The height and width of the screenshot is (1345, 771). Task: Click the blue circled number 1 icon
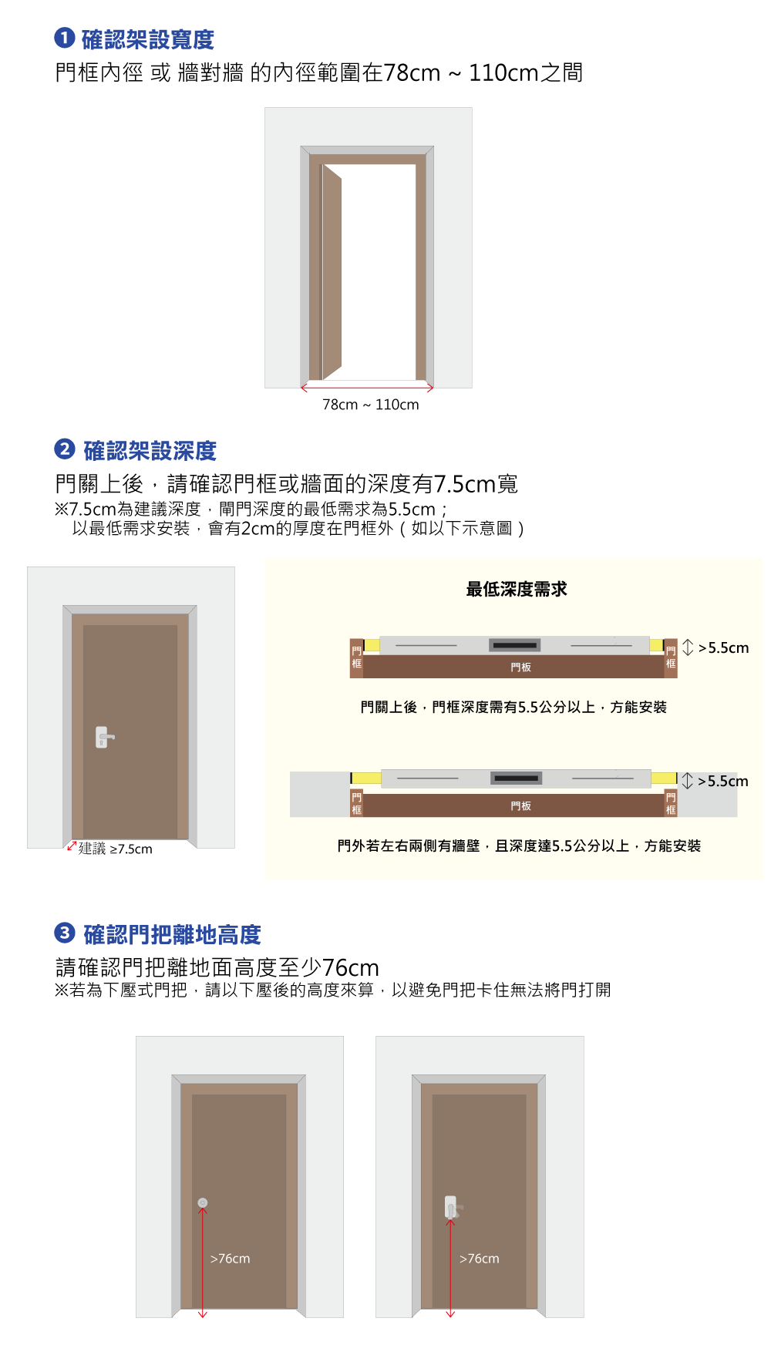[65, 38]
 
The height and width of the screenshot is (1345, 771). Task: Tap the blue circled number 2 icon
[65, 449]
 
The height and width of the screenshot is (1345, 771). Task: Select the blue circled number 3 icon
[65, 933]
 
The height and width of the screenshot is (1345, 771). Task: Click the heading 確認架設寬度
[148, 39]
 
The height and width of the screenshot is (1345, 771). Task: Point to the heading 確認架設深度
[150, 451]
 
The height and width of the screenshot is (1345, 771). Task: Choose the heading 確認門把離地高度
[172, 935]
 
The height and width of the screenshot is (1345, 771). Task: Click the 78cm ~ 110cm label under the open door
[371, 405]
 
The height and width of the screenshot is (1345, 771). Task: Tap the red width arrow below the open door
[367, 388]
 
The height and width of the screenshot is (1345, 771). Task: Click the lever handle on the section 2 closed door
[104, 738]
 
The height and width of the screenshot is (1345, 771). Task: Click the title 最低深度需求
[517, 590]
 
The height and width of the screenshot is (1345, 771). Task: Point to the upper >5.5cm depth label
[723, 648]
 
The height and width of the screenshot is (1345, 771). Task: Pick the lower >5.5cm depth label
[723, 782]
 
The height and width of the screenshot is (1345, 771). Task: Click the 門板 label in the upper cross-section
[521, 667]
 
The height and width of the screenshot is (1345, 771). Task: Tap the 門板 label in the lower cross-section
[521, 806]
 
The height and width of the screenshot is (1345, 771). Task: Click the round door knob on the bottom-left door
[203, 1202]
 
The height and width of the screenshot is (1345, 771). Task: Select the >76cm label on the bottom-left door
[231, 1259]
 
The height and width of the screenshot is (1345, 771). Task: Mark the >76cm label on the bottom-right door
[480, 1259]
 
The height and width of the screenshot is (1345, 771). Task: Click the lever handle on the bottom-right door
[453, 1208]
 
